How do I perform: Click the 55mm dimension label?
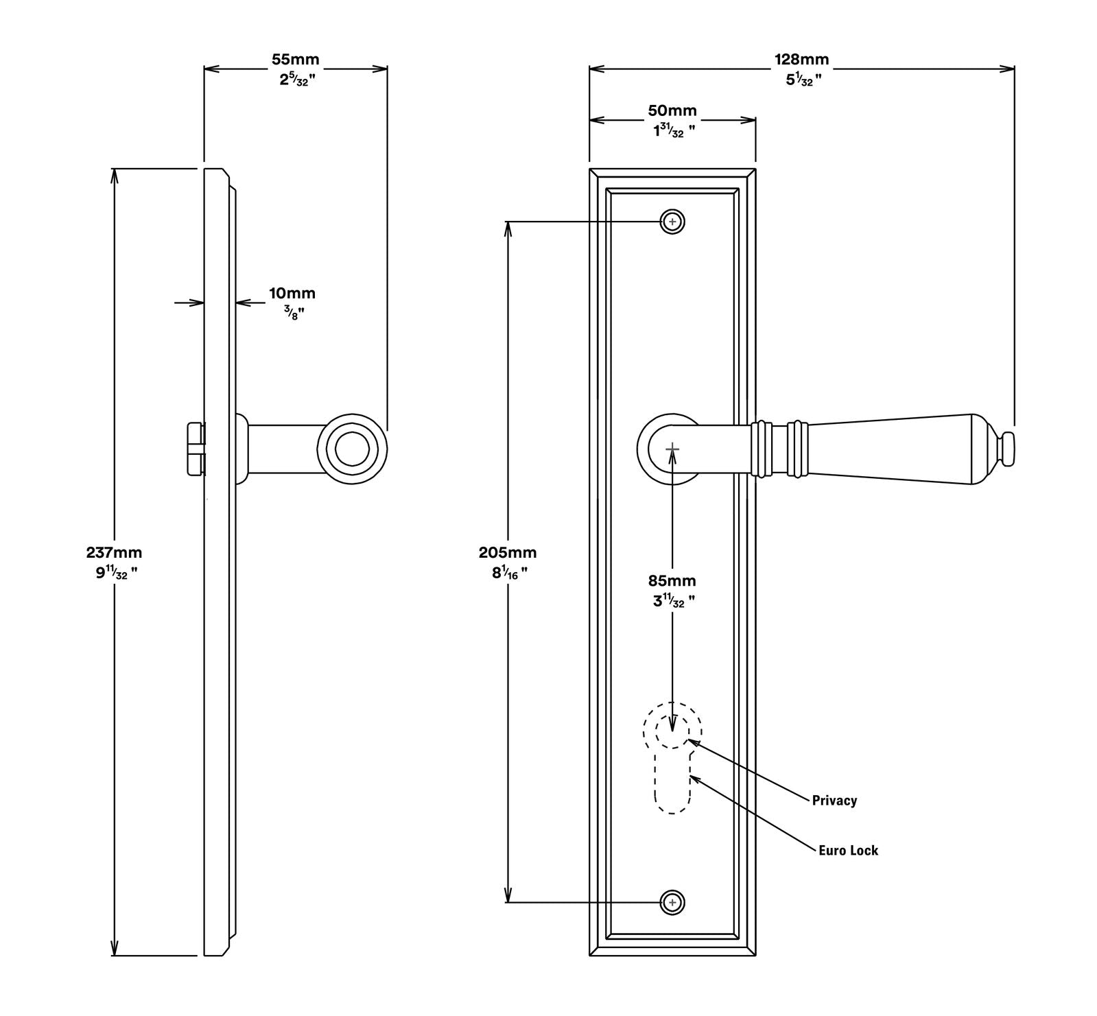(295, 60)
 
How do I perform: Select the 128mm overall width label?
(801, 60)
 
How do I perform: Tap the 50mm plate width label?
(672, 111)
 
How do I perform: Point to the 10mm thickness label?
(292, 294)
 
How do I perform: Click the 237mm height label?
(114, 552)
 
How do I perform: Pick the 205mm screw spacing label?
(508, 552)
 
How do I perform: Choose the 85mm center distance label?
(672, 580)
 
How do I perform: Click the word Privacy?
(834, 800)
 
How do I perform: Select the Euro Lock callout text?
(848, 850)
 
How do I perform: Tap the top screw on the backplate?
(673, 222)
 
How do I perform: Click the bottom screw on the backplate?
(673, 902)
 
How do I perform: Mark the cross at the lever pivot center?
(672, 449)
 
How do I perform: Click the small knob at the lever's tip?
(1008, 447)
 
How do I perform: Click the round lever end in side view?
(352, 447)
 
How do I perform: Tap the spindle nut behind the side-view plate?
(195, 449)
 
